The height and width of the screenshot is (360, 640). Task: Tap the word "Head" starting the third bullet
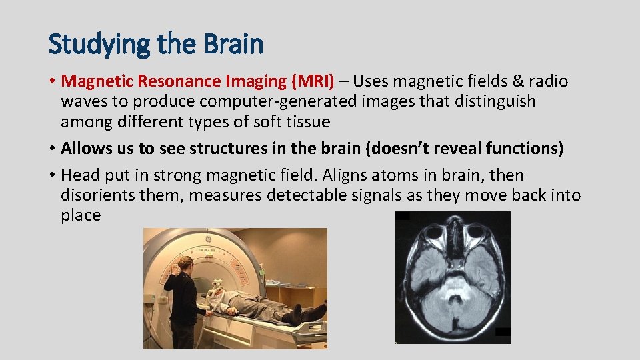pos(79,175)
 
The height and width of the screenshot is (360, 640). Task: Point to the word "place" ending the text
pos(80,215)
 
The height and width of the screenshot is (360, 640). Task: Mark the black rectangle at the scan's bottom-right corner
pos(503,331)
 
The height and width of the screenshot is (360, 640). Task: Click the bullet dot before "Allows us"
pos(52,149)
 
